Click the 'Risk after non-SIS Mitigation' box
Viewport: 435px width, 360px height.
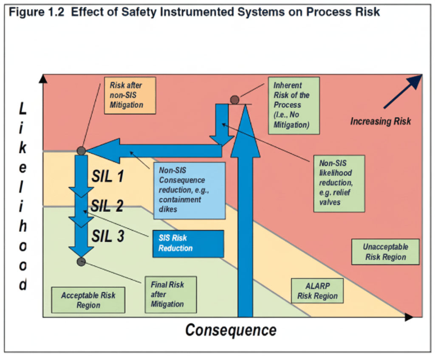click(126, 96)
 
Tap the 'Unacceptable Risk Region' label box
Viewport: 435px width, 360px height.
click(386, 252)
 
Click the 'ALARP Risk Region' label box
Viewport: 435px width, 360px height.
click(317, 291)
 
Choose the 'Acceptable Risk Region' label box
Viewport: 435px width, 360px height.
click(88, 300)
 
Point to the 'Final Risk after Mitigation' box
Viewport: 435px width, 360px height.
click(170, 295)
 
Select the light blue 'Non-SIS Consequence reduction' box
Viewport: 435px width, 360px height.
click(189, 190)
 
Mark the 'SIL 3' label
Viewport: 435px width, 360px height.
click(108, 236)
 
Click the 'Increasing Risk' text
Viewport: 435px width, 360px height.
click(380, 121)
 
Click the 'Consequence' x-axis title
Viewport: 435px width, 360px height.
click(231, 330)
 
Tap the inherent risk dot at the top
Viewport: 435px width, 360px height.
click(234, 100)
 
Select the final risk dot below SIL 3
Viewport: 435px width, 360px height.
click(82, 262)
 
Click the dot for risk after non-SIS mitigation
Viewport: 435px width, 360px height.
click(81, 150)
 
